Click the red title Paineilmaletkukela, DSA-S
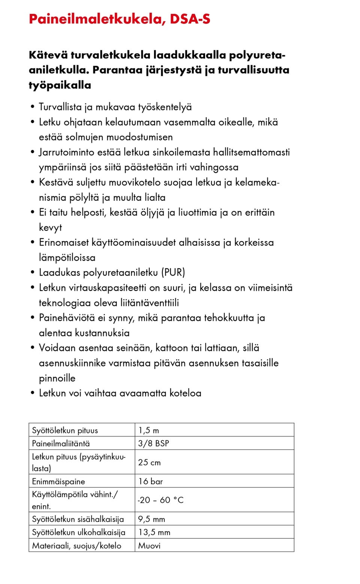tap(119, 19)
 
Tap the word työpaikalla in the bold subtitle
tap(60, 85)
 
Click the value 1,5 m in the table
tap(148, 430)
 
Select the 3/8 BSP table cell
tap(153, 443)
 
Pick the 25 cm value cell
tap(149, 462)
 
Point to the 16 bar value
tap(150, 481)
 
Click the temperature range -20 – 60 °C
tap(160, 500)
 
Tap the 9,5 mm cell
tap(151, 519)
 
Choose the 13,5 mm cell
tap(154, 532)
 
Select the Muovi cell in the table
tap(149, 546)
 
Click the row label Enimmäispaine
tap(58, 481)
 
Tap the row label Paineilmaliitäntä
tap(61, 443)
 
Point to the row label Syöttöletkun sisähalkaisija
tap(78, 519)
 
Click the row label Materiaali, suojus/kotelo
tap(76, 546)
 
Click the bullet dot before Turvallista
tap(33, 107)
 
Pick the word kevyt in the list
tap(50, 228)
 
